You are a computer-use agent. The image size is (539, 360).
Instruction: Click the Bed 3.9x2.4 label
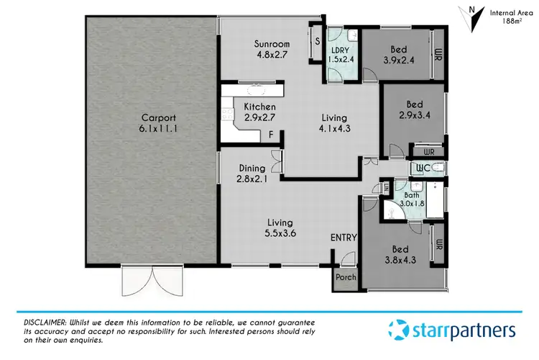pyautogui.click(x=395, y=55)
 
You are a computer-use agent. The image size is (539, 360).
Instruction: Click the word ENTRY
pyautogui.click(x=344, y=237)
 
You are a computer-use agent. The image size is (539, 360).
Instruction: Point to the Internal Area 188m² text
pyautogui.click(x=510, y=17)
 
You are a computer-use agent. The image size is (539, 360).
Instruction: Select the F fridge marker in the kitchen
pyautogui.click(x=270, y=135)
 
